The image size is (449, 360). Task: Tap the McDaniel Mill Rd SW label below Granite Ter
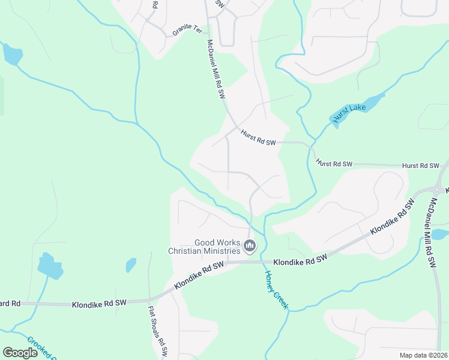(x=215, y=70)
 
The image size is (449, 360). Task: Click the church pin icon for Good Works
(x=250, y=245)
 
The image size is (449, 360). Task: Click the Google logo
(x=20, y=353)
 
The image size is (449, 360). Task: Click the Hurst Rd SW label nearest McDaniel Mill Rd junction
(x=258, y=138)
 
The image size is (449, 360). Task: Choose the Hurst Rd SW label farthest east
(x=421, y=165)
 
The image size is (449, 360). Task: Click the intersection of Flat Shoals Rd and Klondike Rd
(x=149, y=300)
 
